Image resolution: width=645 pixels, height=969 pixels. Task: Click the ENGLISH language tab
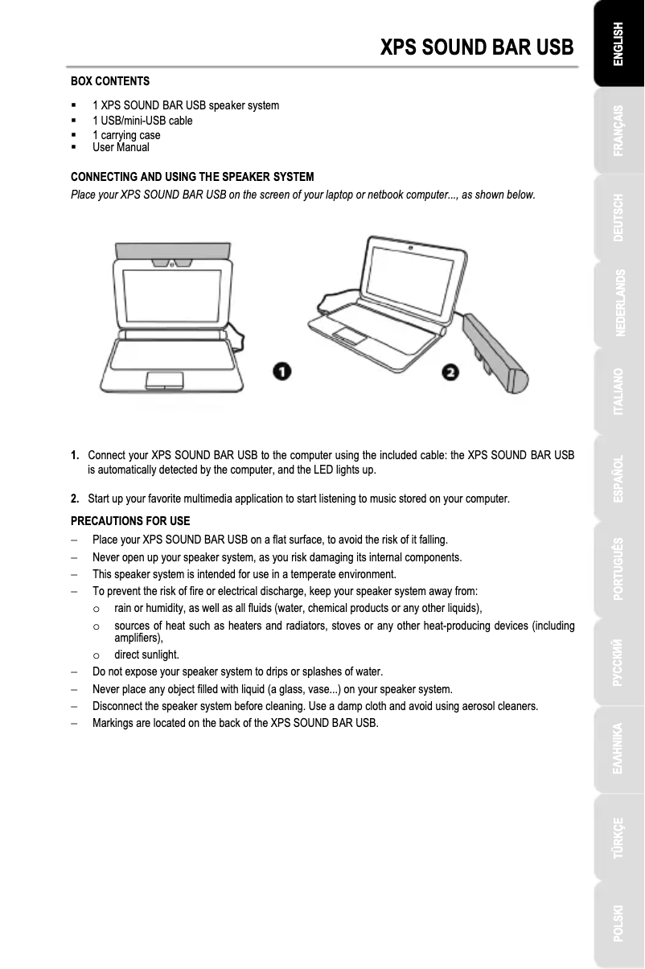618,43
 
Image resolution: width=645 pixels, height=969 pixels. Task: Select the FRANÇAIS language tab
618,129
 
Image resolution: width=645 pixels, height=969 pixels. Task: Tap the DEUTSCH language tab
618,217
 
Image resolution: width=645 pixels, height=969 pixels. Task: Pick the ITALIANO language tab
618,392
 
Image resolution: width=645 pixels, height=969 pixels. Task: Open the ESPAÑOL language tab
618,480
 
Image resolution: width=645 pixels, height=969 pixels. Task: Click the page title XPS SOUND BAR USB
477,47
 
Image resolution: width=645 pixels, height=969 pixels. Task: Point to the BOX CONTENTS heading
110,82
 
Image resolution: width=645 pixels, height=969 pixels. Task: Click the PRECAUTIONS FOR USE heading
130,521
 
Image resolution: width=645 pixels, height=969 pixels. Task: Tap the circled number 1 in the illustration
281,372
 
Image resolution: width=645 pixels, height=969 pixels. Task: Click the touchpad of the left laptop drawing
165,380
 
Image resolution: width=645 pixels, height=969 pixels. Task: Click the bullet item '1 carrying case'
126,135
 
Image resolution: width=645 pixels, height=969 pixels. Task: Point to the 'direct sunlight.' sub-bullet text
146,655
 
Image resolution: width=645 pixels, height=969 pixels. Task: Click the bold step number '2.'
76,499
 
